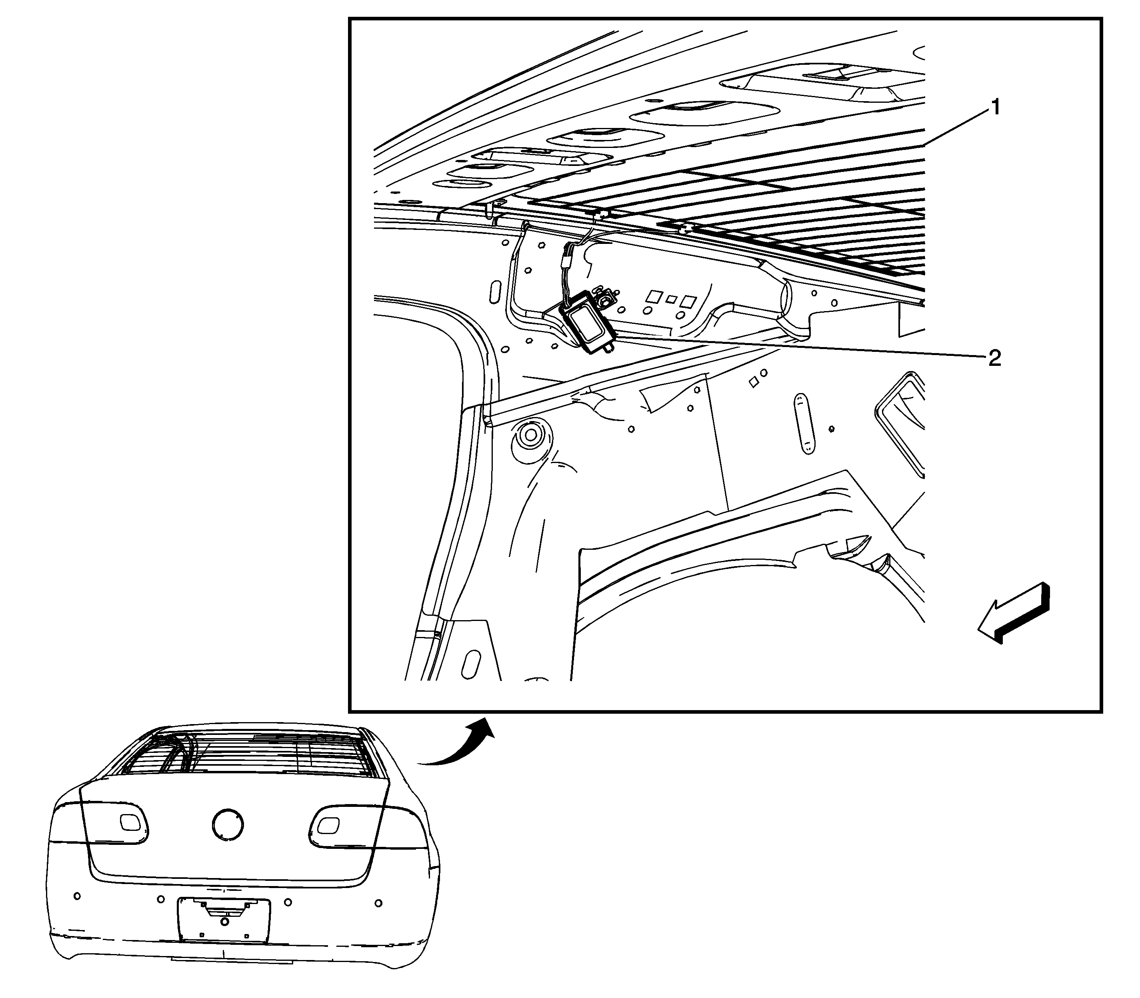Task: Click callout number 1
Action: [x=994, y=108]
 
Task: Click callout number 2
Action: [x=994, y=359]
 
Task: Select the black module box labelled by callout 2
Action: [x=587, y=321]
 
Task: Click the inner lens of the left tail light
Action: [x=132, y=822]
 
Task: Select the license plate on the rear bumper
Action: [x=224, y=920]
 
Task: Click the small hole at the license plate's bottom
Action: [x=224, y=937]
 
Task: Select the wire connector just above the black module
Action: [x=567, y=261]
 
